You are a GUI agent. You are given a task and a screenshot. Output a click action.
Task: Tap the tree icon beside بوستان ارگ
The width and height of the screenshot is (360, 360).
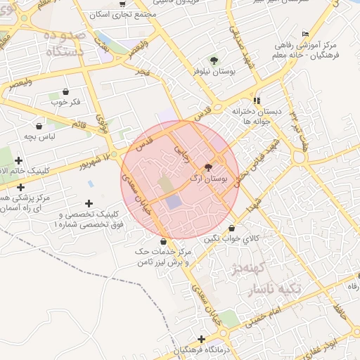(208, 168)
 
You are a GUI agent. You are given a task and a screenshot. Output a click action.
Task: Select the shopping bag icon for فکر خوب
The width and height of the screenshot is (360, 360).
(65, 91)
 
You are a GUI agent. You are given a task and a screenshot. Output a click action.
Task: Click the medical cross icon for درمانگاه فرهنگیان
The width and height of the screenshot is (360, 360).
(202, 340)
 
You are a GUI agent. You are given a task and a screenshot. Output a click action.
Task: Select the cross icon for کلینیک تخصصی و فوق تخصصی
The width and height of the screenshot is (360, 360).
(89, 204)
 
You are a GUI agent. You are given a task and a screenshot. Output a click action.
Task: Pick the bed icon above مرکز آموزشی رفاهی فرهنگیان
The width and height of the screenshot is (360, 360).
(304, 34)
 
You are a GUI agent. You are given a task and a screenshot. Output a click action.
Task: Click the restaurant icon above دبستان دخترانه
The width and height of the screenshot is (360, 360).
(257, 101)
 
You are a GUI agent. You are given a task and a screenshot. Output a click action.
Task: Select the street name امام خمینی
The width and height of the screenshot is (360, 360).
(264, 315)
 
